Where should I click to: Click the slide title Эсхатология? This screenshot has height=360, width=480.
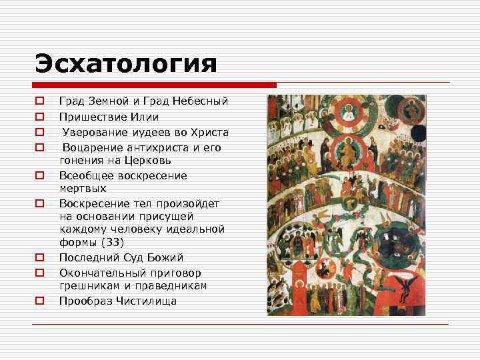point(126,64)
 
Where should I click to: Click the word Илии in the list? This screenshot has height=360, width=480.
point(146,117)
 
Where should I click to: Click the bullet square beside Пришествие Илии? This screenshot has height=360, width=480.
point(39,117)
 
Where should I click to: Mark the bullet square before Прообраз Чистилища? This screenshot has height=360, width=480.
point(39,301)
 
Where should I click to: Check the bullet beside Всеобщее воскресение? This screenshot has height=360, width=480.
point(39,176)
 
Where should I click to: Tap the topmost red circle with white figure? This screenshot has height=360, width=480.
point(349,112)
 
